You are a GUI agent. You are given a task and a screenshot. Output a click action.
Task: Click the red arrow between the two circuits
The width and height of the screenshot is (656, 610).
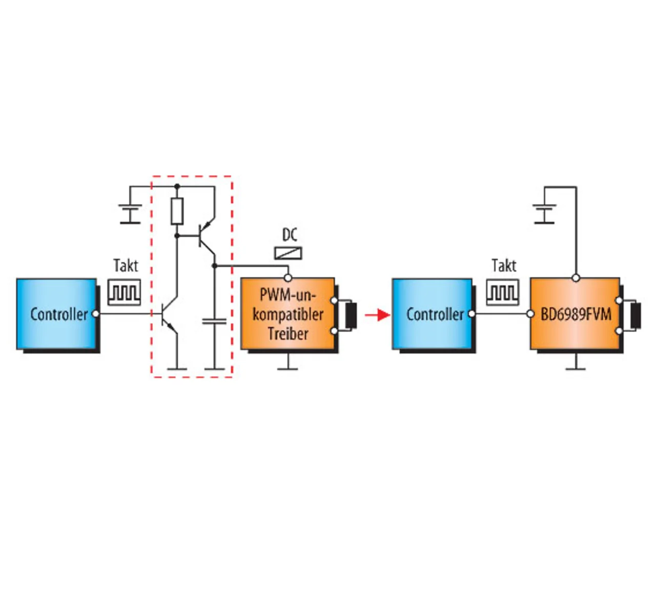(378, 315)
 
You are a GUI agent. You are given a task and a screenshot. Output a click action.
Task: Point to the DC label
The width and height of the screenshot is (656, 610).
(290, 235)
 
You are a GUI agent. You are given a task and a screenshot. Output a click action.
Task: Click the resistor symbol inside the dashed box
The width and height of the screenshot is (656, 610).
(177, 212)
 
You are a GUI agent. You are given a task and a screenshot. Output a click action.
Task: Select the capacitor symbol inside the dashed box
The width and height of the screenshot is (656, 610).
(214, 321)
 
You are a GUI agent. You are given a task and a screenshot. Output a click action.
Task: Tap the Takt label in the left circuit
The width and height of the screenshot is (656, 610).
(126, 266)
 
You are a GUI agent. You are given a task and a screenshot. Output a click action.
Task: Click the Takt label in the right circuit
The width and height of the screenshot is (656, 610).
(504, 266)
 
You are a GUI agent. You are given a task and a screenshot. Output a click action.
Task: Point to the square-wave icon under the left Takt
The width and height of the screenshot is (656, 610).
(124, 293)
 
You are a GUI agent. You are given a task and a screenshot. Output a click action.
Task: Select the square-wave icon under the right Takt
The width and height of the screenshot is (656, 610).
(502, 293)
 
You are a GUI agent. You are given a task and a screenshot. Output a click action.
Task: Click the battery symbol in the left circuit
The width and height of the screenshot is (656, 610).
(130, 214)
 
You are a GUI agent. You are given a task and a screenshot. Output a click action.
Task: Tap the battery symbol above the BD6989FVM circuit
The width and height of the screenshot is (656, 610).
(544, 214)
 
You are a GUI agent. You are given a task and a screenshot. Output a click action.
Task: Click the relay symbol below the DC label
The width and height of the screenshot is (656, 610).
(288, 253)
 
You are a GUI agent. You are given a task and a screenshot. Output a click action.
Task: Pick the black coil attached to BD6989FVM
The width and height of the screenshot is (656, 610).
(635, 315)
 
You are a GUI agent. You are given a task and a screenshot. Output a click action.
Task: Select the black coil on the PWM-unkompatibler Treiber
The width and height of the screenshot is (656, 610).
(351, 315)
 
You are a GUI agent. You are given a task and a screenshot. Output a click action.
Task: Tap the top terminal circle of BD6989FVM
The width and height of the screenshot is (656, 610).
(576, 278)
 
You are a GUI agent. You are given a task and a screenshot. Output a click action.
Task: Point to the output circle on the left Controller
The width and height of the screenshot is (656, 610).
(95, 314)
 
